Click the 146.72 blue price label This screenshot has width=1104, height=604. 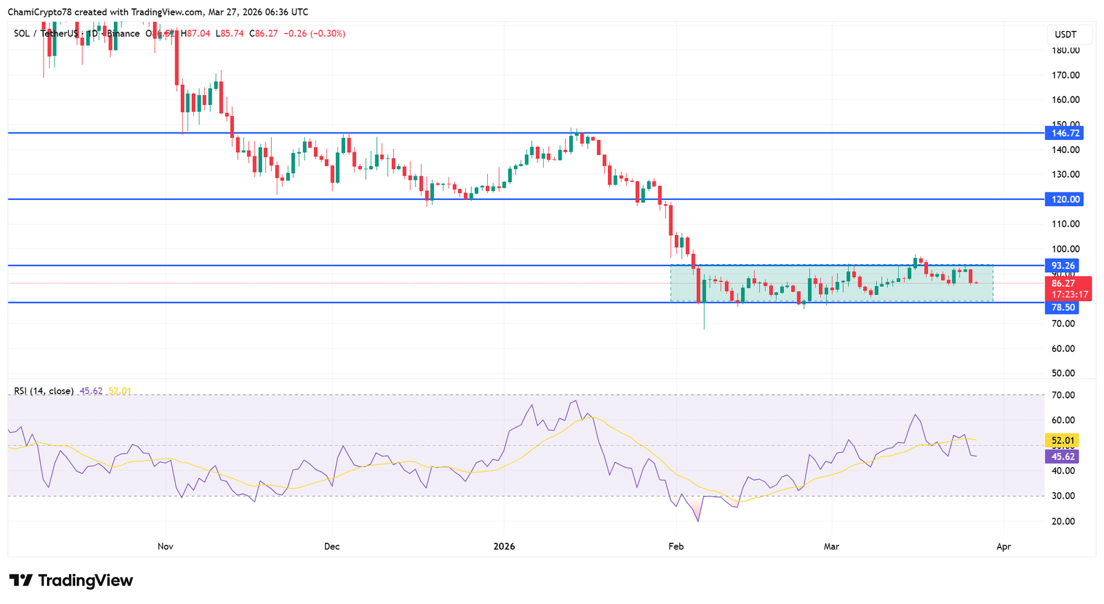click(1063, 133)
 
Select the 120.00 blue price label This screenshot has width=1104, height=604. click(1063, 199)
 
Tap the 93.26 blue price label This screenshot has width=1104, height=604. click(1063, 265)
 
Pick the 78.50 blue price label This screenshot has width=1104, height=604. click(1063, 308)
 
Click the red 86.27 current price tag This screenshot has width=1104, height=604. click(1063, 283)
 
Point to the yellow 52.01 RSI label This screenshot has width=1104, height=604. click(1063, 441)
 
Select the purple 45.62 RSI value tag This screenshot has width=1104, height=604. click(1063, 456)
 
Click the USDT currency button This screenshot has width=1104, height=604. click(1065, 34)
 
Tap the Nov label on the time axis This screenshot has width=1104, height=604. click(166, 547)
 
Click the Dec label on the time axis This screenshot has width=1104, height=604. click(332, 547)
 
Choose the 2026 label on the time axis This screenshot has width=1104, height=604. click(504, 547)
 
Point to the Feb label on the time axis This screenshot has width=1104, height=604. click(676, 547)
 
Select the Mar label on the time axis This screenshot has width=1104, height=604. click(831, 547)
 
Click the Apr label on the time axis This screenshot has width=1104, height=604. click(1003, 547)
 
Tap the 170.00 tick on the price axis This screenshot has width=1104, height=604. click(1065, 75)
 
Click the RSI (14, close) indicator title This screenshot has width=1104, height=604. click(43, 391)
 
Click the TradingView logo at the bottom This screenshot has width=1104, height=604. click(71, 581)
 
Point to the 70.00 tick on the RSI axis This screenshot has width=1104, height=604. click(1063, 395)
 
